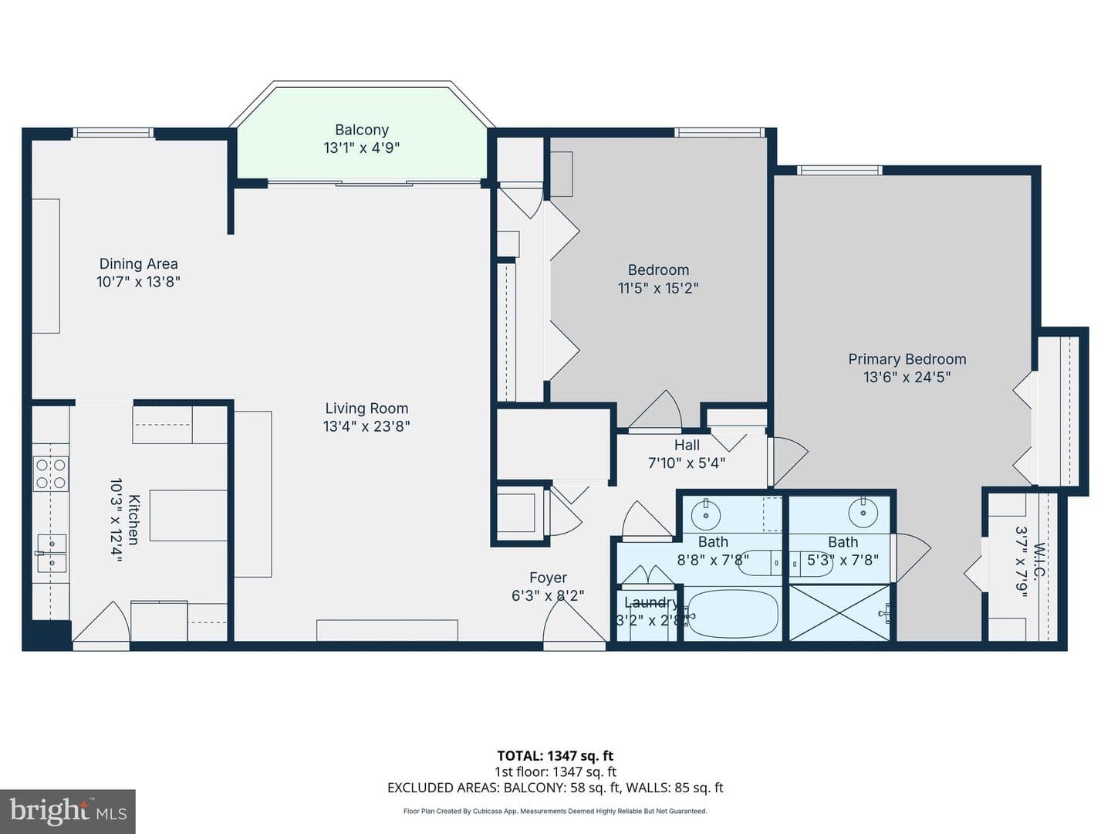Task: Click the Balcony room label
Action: pyautogui.click(x=362, y=131)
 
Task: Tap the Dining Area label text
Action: pyautogui.click(x=138, y=264)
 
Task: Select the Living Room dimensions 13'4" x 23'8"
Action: pyautogui.click(x=366, y=426)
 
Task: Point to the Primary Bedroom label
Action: pyautogui.click(x=907, y=359)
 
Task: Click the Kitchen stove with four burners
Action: pyautogui.click(x=51, y=474)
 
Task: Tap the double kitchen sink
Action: pyautogui.click(x=51, y=553)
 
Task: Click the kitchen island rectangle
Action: pyautogui.click(x=188, y=516)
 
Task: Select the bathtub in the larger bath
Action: pyautogui.click(x=732, y=615)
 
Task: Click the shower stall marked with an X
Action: pyautogui.click(x=839, y=612)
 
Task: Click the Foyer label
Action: pyautogui.click(x=548, y=578)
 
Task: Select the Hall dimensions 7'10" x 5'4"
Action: pyautogui.click(x=687, y=463)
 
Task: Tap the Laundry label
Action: pyautogui.click(x=651, y=602)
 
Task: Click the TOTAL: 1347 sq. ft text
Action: pyautogui.click(x=555, y=756)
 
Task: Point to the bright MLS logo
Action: pyautogui.click(x=68, y=812)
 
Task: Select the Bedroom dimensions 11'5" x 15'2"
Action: pyautogui.click(x=658, y=288)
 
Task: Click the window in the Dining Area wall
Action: pyautogui.click(x=113, y=133)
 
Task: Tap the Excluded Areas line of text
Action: pyautogui.click(x=555, y=788)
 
